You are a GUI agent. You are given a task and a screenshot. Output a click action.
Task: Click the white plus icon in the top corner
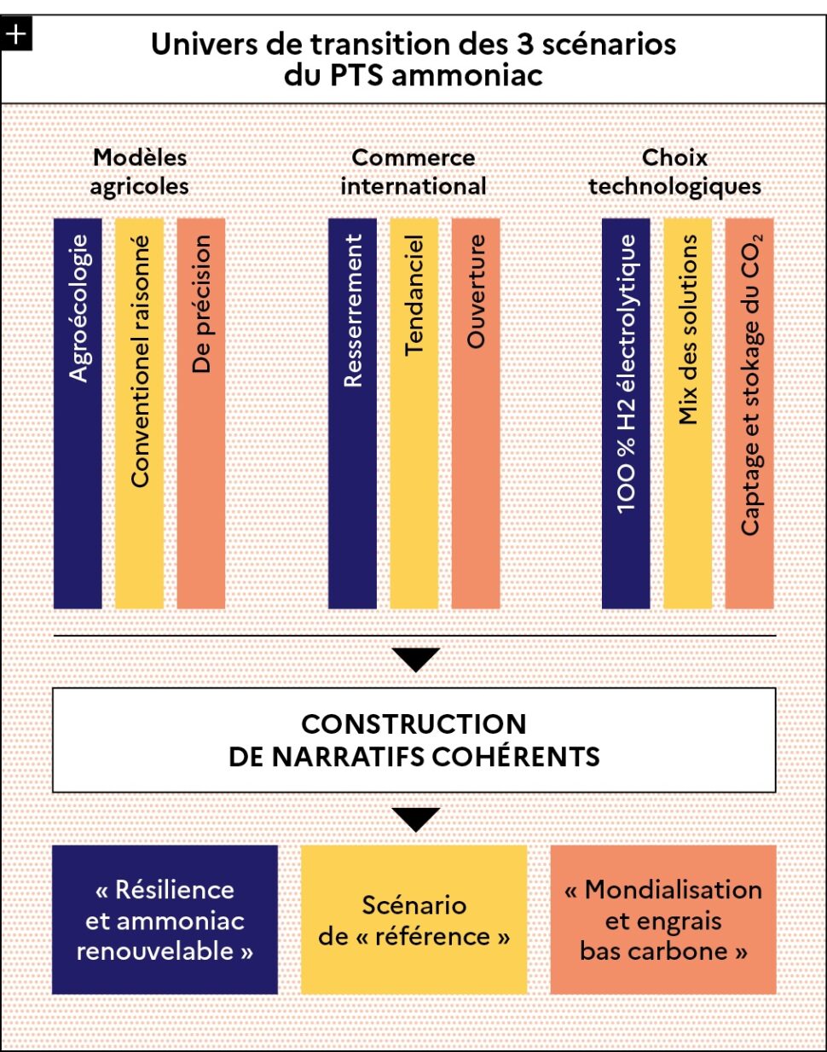[16, 34]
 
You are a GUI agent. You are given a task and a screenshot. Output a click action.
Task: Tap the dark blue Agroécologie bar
[78, 413]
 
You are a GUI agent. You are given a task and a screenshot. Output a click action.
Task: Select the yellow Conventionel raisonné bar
[139, 413]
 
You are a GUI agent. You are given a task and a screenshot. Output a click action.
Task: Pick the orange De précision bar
[200, 413]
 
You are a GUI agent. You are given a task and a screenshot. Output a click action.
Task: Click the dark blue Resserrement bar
[352, 413]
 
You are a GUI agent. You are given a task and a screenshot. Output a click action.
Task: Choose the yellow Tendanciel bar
[413, 413]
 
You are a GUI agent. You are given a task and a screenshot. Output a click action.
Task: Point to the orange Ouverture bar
[476, 413]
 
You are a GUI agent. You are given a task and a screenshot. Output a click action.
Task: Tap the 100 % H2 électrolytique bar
[626, 413]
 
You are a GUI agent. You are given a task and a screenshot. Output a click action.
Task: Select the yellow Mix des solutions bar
[688, 413]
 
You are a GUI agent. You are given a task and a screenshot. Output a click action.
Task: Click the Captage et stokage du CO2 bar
[749, 413]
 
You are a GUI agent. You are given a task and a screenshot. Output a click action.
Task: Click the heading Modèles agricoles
[140, 172]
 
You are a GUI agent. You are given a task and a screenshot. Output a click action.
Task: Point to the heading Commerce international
[413, 172]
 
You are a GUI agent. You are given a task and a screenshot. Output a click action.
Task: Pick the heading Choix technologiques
[674, 172]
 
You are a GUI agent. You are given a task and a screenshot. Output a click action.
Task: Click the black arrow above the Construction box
[416, 660]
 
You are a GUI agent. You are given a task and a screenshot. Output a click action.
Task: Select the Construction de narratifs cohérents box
[413, 740]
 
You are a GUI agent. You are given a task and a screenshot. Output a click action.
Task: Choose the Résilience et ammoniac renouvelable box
[165, 920]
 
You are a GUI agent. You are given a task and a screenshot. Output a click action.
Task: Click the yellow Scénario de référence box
[414, 920]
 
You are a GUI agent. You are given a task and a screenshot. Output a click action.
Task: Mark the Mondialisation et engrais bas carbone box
[663, 920]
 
